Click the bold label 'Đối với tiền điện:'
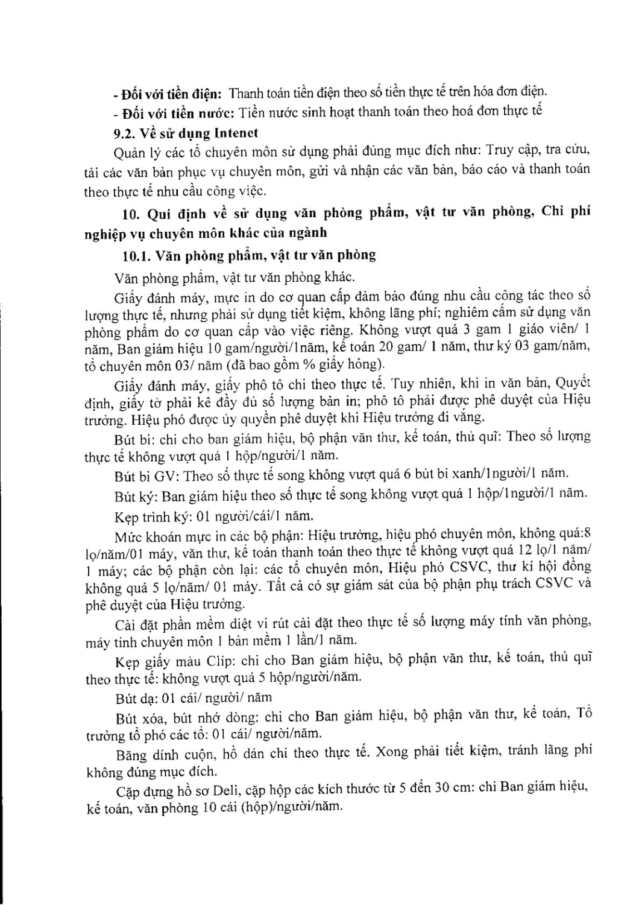[x=172, y=94]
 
